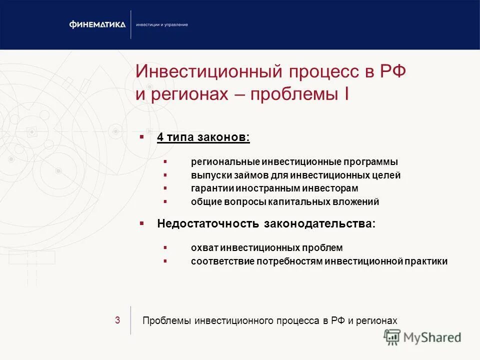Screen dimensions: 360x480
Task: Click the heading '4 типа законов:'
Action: tap(203, 137)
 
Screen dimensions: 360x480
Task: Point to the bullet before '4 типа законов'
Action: tap(142, 136)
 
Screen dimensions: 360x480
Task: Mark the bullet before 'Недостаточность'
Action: tap(142, 223)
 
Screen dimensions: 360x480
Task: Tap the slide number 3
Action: tap(117, 320)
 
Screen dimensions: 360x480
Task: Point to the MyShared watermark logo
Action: tap(422, 337)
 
